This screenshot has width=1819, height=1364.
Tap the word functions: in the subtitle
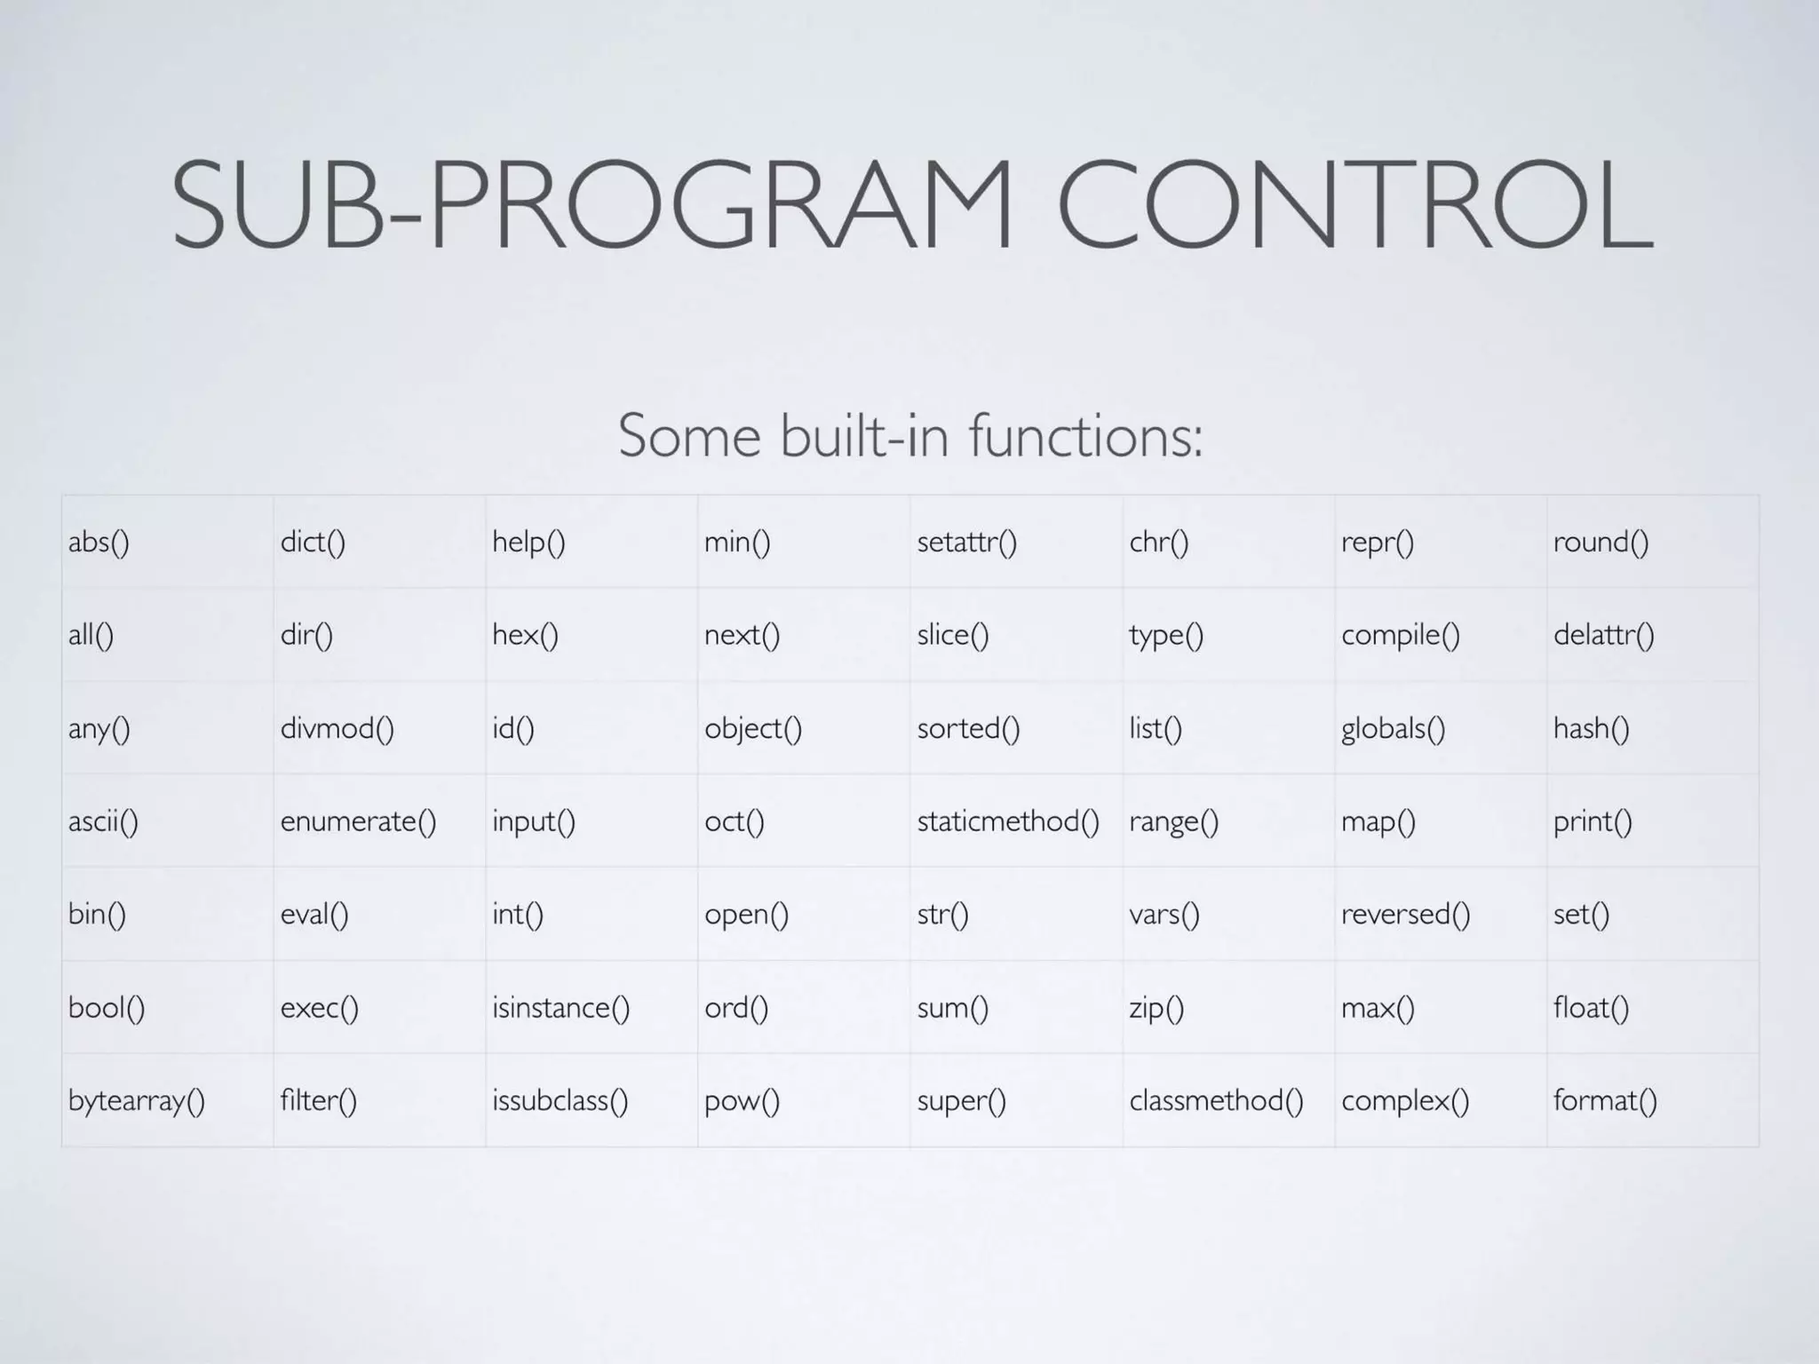click(x=1085, y=436)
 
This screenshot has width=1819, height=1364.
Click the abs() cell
click(x=99, y=542)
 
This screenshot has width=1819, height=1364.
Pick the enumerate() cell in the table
click(x=358, y=821)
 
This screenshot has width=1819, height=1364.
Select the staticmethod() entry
click(x=1008, y=821)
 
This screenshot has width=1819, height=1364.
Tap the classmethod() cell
click(x=1216, y=1101)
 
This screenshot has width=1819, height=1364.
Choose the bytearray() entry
click(x=137, y=1101)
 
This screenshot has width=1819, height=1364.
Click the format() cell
click(x=1605, y=1101)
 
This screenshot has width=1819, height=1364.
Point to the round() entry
click(x=1601, y=542)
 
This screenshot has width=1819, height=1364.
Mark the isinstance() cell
click(x=560, y=1008)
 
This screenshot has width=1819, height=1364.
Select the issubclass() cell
click(x=560, y=1101)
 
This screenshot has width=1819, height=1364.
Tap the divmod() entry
click(x=337, y=728)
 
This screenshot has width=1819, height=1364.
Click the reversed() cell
click(x=1405, y=915)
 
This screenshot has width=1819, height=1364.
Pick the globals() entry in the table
click(x=1393, y=728)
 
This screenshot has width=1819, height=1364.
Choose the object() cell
click(x=753, y=728)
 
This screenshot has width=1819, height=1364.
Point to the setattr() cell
click(x=966, y=542)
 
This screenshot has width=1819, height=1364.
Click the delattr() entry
click(x=1603, y=635)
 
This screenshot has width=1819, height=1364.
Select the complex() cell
click(x=1405, y=1101)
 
